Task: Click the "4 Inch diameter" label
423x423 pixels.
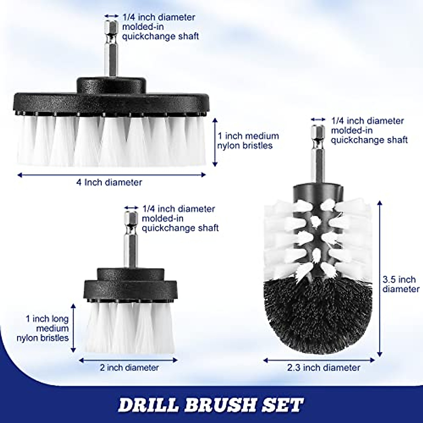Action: coord(109,183)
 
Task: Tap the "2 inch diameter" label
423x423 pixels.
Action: coord(129,368)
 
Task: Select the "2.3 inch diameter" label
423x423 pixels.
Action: coord(324,368)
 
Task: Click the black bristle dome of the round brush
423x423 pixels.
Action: coord(318,310)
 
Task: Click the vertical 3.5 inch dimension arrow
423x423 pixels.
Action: coord(380,278)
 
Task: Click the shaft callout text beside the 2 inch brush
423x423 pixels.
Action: coord(180,219)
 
